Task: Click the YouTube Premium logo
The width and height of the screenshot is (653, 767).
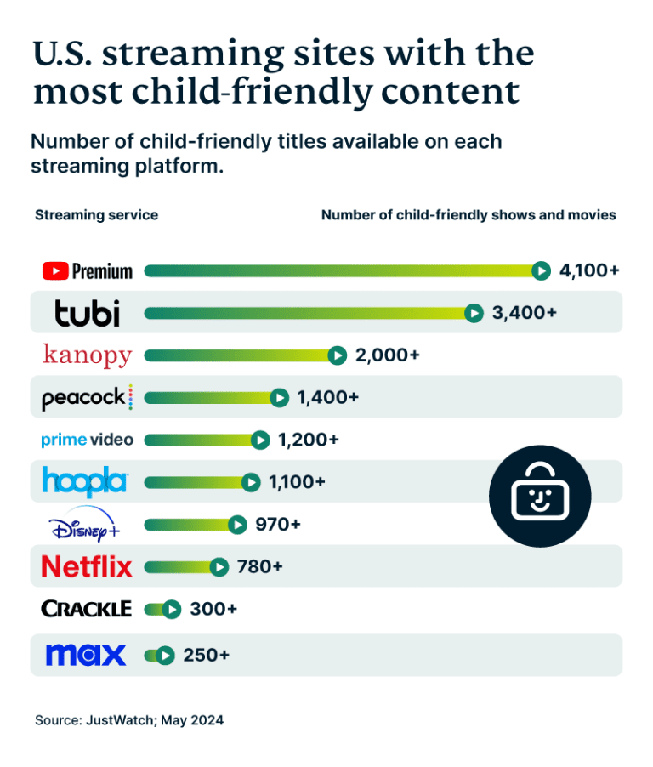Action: [x=88, y=271]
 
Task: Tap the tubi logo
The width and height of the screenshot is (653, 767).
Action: [x=88, y=313]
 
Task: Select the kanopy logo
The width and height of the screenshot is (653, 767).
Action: [x=88, y=355]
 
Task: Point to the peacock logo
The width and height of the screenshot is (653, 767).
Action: [x=88, y=397]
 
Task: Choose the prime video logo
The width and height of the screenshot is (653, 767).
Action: [x=88, y=440]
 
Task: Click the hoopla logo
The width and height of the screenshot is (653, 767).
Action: [x=85, y=482]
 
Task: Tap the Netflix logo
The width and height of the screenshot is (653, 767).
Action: [x=88, y=566]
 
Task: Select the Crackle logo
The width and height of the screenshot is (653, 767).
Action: [x=87, y=609]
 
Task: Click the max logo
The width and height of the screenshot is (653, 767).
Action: [x=86, y=655]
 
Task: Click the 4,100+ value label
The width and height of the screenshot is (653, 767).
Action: [x=589, y=271]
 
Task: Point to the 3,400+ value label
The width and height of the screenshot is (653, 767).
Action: [x=525, y=313]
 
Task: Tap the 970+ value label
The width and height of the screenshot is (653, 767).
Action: [x=278, y=525]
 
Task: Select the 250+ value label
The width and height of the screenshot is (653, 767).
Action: [x=207, y=656]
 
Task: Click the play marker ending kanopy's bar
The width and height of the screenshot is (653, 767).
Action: [x=338, y=355]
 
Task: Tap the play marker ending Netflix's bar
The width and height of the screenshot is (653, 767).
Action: [x=219, y=566]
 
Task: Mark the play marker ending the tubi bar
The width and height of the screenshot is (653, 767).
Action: [x=474, y=313]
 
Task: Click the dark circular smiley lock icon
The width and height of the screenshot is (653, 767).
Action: [x=540, y=496]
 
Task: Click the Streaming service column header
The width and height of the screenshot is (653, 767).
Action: [x=96, y=215]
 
